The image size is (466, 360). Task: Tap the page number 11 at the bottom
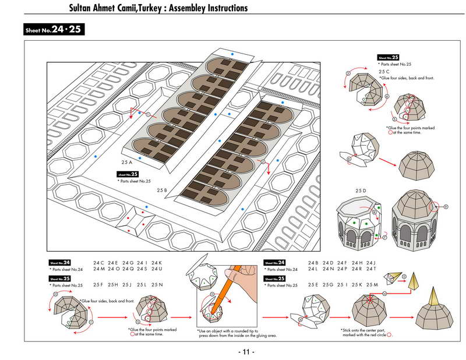tap(246, 352)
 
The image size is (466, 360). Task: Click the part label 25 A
tap(126, 161)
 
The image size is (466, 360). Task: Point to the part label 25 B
tap(162, 190)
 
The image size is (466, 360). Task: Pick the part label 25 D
tap(361, 190)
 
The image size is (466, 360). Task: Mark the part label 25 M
tap(371, 284)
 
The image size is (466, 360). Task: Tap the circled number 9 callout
tap(446, 206)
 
